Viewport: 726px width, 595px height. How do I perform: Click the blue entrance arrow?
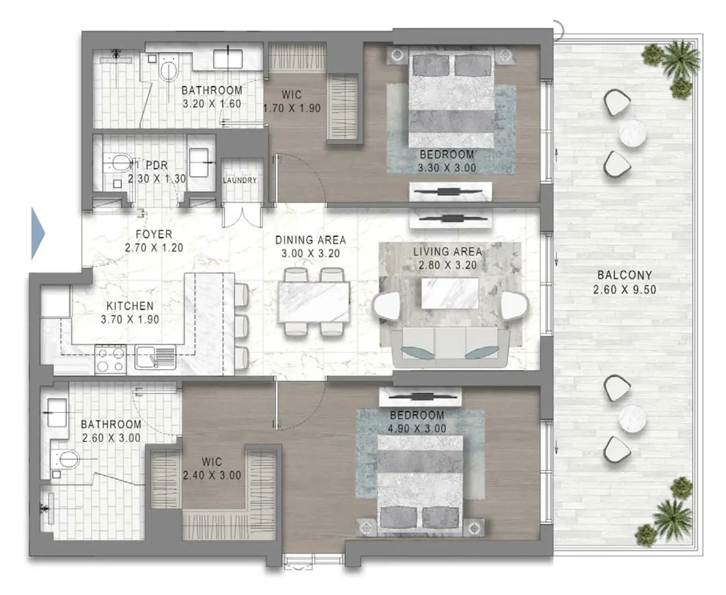click(37, 233)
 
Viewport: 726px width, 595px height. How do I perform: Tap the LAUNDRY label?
click(240, 180)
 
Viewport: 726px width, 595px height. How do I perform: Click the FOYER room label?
click(154, 234)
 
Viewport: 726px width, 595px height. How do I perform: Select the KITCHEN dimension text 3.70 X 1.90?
click(130, 319)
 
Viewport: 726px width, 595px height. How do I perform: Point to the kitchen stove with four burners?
click(110, 360)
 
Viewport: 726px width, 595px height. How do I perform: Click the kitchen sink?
click(155, 357)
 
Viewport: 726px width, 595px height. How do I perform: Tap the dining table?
click(313, 302)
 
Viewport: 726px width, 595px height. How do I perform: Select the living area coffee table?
click(450, 293)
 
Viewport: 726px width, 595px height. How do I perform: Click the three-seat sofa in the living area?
click(450, 347)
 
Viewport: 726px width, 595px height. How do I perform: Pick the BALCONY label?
click(625, 275)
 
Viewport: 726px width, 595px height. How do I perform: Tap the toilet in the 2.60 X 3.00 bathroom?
click(65, 459)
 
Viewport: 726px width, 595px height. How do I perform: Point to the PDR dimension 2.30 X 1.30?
click(157, 179)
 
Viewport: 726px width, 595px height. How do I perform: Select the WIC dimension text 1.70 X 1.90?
click(292, 108)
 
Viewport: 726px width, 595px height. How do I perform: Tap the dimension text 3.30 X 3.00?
click(447, 168)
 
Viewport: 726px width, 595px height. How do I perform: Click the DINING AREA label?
click(311, 240)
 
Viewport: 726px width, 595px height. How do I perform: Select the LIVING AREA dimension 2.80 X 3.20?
click(448, 265)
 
